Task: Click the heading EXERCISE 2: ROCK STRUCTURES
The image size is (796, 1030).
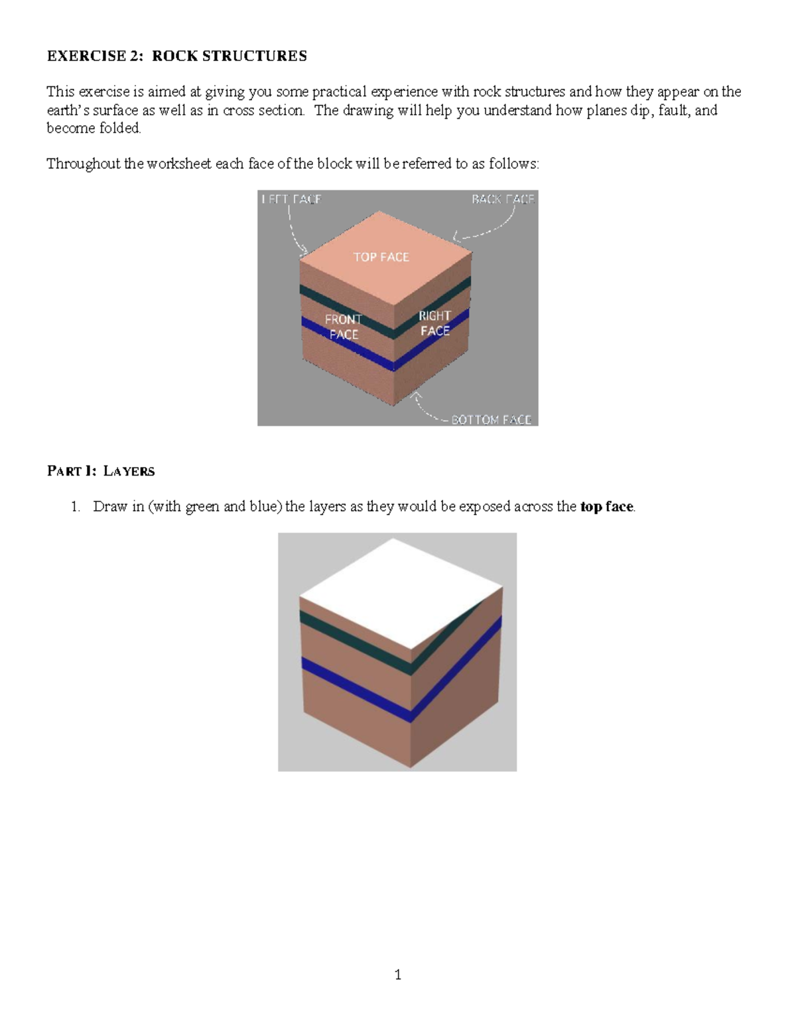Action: pyautogui.click(x=176, y=56)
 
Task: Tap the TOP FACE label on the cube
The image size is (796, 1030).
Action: pyautogui.click(x=381, y=257)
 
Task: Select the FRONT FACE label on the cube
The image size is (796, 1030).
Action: pyautogui.click(x=343, y=327)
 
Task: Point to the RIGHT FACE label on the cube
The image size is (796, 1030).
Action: pyautogui.click(x=434, y=323)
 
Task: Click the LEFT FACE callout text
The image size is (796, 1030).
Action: pyautogui.click(x=291, y=199)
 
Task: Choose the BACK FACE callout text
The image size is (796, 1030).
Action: pyautogui.click(x=502, y=199)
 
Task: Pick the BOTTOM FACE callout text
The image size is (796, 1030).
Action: pyautogui.click(x=491, y=419)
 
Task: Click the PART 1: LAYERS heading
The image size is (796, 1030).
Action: pyautogui.click(x=101, y=471)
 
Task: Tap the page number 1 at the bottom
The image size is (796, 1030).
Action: pyautogui.click(x=397, y=974)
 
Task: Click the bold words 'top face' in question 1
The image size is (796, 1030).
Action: pyautogui.click(x=606, y=507)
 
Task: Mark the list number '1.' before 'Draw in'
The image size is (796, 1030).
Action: pyautogui.click(x=76, y=507)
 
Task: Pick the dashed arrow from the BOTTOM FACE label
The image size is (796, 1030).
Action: pyautogui.click(x=428, y=410)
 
